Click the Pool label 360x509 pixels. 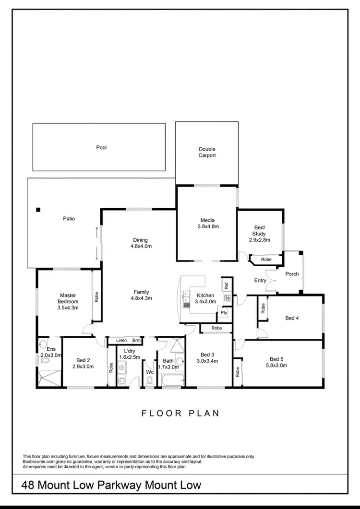pos(101,148)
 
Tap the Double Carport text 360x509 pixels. pos(207,153)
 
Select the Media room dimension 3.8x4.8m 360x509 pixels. pos(207,226)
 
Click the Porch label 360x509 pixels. pos(292,274)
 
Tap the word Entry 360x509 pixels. pos(260,281)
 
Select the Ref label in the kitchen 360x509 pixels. pos(226,285)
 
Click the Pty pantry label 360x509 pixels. pos(224,313)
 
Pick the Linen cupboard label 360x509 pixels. pos(121,341)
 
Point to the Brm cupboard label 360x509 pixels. pos(136,341)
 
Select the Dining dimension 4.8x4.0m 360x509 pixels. pos(141,247)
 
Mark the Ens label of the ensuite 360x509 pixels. pos(44,349)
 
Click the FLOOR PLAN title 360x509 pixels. pos(180,413)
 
